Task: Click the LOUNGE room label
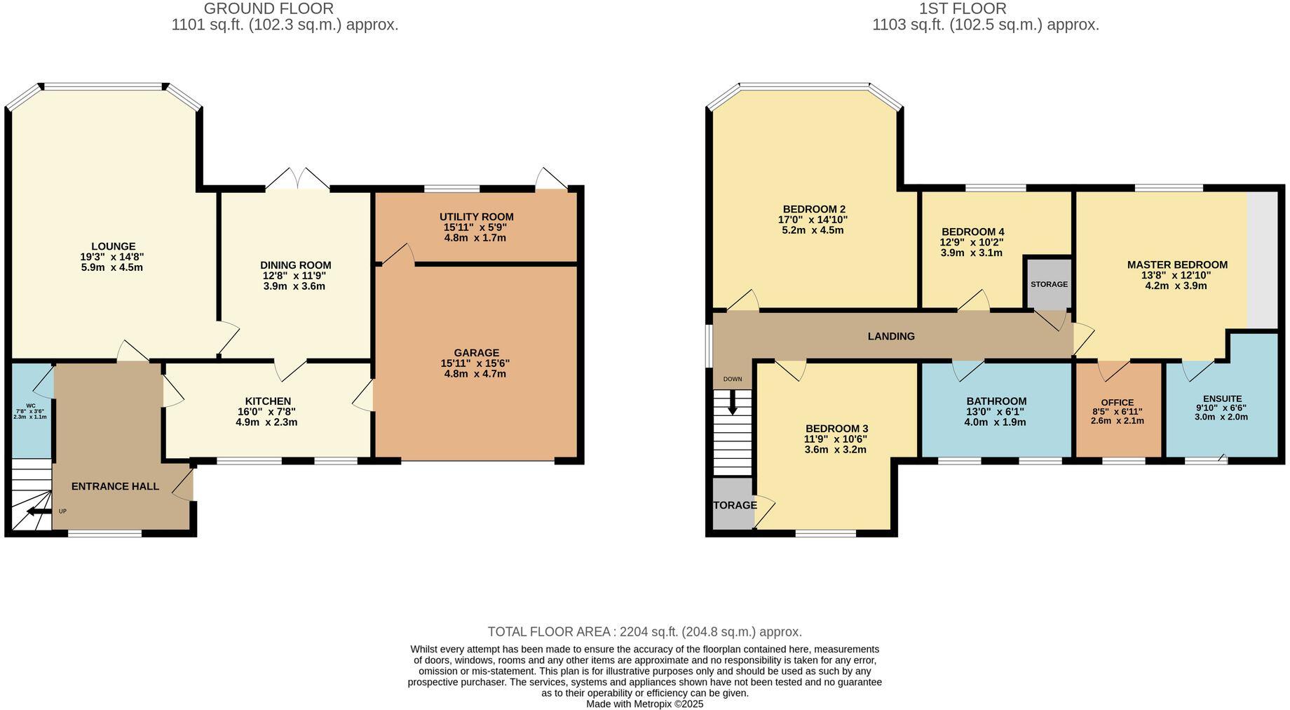[x=113, y=246]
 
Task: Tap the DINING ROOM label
[x=295, y=265]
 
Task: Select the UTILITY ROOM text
[x=476, y=217]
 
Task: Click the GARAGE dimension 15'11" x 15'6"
[x=475, y=363]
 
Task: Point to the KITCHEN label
[x=268, y=401]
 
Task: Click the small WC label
[x=30, y=406]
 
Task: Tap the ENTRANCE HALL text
[x=115, y=486]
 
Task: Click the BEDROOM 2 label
[x=813, y=209]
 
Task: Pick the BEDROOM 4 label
[x=972, y=232]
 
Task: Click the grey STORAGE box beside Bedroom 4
[x=1049, y=284]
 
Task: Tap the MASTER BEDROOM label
[x=1176, y=264]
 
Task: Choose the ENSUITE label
[x=1222, y=398]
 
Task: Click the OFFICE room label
[x=1117, y=403]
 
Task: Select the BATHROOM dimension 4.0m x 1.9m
[x=995, y=422]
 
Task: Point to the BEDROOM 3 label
[x=836, y=429]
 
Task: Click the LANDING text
[x=890, y=336]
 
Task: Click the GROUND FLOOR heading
[x=269, y=8]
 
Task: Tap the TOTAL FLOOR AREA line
[x=644, y=631]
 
